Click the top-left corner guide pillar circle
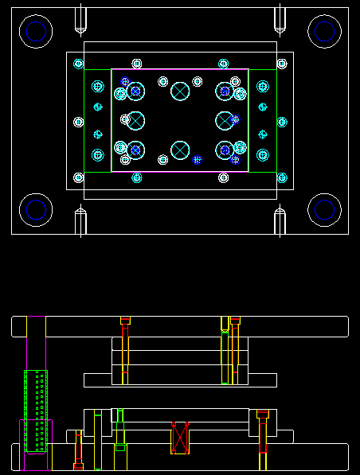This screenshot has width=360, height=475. pos(36,32)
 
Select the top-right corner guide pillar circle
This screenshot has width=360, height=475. pos(324,31)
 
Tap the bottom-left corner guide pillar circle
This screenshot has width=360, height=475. pos(36,210)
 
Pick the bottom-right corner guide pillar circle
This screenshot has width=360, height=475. pos(324,210)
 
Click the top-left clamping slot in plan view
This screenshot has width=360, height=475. pos(80,20)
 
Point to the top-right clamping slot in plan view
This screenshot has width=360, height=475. pos(280,20)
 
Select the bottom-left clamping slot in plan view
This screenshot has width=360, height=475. pos(80,220)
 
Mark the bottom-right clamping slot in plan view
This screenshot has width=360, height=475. pos(280,220)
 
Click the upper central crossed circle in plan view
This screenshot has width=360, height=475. pos(180,91)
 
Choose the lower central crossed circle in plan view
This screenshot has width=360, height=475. pos(180,150)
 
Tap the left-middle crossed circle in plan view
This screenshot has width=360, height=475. pos(135,121)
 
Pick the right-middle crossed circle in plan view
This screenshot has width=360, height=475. pos(225,121)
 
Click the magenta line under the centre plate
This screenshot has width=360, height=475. pos(180,171)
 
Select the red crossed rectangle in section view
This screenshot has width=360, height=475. pos(180,438)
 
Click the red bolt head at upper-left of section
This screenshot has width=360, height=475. pos(125,321)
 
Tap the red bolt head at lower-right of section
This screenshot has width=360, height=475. pos(263,414)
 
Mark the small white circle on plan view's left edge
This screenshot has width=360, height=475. pos(78,122)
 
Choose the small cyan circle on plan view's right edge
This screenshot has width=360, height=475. pos(282,122)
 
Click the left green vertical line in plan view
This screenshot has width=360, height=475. pos(112,119)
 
